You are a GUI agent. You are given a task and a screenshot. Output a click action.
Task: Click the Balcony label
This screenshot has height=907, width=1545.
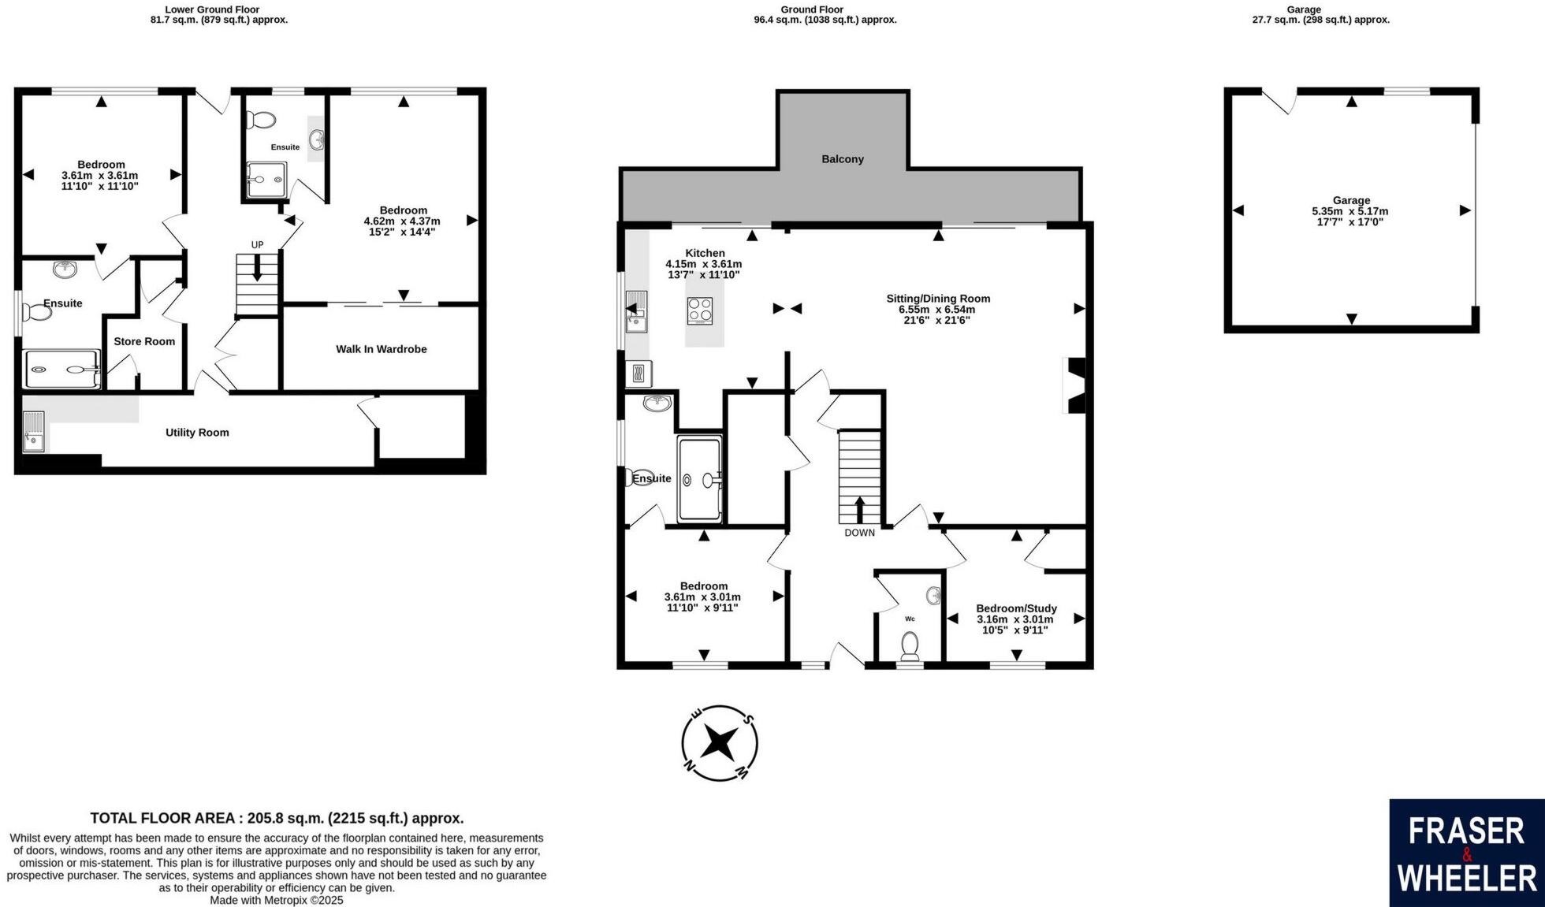pos(843,159)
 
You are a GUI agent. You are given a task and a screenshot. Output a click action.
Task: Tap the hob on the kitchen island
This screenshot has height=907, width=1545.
pos(700,310)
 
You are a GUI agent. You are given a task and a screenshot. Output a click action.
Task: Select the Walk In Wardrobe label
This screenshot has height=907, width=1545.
pos(381,349)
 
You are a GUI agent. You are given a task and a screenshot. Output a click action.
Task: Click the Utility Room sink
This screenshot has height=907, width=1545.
pos(34,433)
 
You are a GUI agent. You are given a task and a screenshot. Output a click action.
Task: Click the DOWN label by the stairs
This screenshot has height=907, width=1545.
pos(859,533)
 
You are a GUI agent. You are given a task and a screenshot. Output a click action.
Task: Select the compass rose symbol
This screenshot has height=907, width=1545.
pos(720,743)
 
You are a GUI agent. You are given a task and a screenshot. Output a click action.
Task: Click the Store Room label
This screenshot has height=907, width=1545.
pos(144,341)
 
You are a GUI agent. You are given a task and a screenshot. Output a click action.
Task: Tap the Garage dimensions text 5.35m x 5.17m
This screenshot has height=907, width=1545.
pos(1350,211)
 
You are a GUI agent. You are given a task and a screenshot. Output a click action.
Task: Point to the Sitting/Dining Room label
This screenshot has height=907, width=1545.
pos(938,299)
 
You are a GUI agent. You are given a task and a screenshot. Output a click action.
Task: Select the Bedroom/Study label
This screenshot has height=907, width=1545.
pos(1016,608)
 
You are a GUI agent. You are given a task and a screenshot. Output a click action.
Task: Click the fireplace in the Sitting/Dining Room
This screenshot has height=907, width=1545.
pos(1075,385)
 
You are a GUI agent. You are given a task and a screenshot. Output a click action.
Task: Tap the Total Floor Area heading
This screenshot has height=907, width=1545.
pos(277,818)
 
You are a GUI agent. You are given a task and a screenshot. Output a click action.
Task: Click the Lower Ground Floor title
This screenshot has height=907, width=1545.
pos(212,9)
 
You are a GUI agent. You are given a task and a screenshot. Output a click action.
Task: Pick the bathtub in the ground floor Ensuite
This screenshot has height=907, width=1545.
pos(699,479)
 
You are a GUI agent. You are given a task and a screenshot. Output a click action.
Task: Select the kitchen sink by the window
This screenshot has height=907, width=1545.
pos(635,312)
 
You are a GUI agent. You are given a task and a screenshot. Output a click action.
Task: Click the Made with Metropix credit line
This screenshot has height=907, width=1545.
pos(277,900)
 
